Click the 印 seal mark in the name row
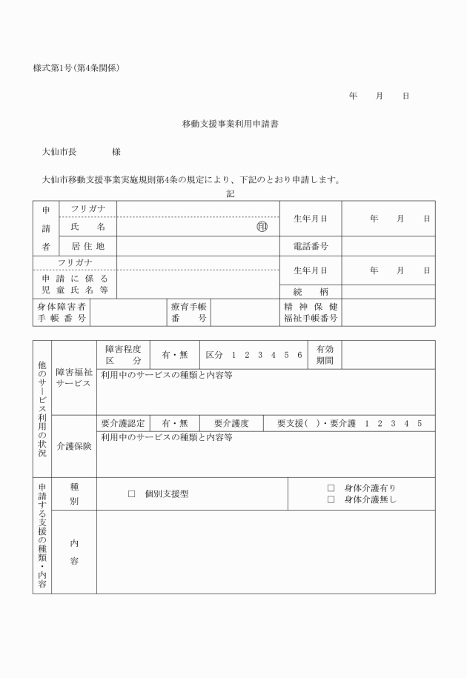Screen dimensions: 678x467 (262, 227)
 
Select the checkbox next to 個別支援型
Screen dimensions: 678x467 (132, 493)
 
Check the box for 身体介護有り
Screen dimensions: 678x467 (331, 488)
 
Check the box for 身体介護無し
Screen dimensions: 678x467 (331, 499)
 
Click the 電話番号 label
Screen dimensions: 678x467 (310, 246)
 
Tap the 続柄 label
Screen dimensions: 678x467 (310, 290)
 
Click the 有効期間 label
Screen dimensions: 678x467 (325, 354)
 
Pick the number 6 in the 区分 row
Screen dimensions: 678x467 (299, 355)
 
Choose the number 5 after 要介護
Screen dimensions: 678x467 (420, 423)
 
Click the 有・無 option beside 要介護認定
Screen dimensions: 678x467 (175, 423)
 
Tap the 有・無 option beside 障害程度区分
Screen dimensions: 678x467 (175, 355)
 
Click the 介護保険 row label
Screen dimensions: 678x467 (74, 447)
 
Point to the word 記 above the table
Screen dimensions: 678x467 (230, 193)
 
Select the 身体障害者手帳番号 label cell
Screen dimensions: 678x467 (62, 312)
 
